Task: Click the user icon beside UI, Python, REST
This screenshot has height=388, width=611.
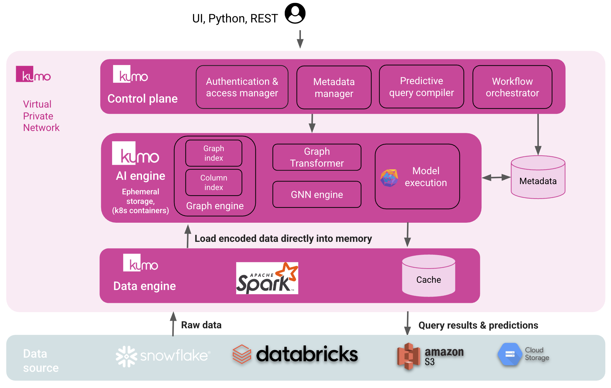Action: tap(295, 14)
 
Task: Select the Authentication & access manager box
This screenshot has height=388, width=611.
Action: tap(242, 87)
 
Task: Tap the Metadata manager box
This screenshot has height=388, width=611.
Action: tap(334, 87)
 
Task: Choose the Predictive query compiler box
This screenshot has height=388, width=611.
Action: tap(421, 87)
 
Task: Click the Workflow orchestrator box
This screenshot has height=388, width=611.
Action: tap(512, 87)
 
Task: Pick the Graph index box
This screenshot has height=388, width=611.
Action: tap(214, 153)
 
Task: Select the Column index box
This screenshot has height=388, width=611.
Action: tap(214, 182)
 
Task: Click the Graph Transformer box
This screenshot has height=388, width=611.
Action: tap(317, 157)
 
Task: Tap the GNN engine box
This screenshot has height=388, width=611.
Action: tap(317, 195)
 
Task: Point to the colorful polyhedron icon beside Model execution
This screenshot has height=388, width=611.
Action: tap(389, 178)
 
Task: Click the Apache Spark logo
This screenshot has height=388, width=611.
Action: tap(267, 278)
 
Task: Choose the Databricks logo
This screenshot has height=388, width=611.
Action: tap(295, 354)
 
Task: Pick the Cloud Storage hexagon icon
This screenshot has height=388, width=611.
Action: tap(509, 354)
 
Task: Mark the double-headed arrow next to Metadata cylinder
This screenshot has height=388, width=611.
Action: tap(496, 178)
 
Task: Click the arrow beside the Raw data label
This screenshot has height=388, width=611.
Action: tap(173, 324)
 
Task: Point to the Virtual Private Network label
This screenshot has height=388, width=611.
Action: tap(41, 116)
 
